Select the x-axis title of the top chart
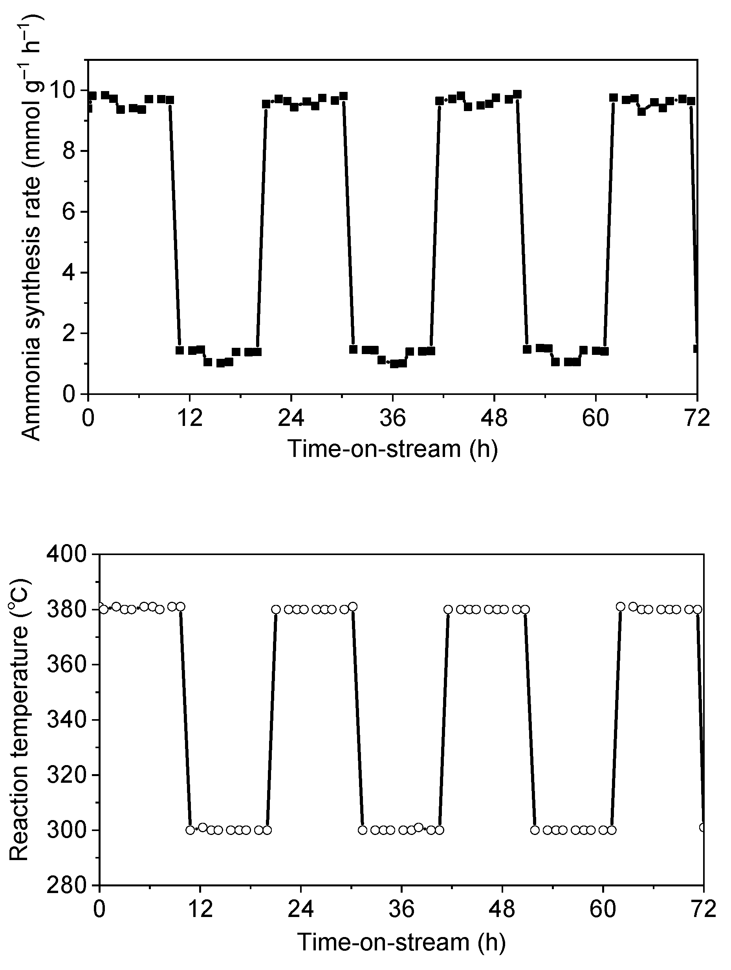393,449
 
